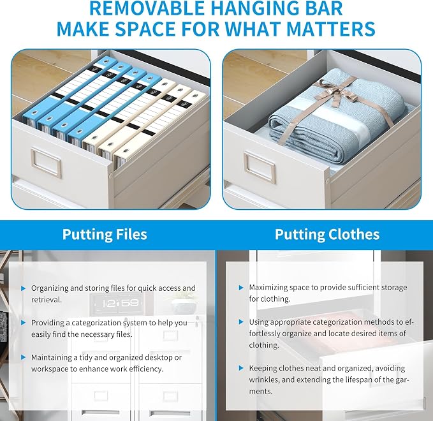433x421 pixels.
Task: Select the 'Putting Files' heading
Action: [105, 235]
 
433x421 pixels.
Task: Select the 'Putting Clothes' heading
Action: [327, 235]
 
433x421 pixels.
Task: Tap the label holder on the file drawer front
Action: [46, 163]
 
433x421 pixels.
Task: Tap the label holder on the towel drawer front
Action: [260, 168]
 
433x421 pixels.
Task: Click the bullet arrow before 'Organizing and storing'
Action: [23, 288]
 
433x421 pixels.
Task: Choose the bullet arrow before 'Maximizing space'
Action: [241, 288]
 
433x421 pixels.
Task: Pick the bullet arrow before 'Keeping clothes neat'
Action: [241, 368]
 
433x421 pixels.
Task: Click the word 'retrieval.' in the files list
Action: [47, 300]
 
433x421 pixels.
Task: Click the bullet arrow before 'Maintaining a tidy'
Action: [23, 357]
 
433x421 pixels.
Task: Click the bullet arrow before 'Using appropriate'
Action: [241, 322]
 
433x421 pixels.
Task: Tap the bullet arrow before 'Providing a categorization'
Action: [23, 323]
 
